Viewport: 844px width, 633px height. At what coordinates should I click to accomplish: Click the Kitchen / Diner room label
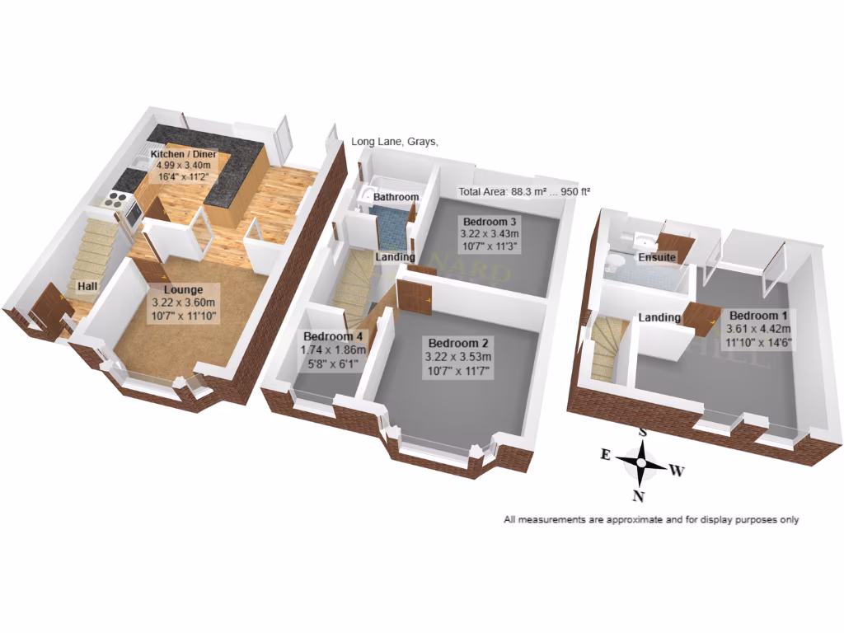click(183, 154)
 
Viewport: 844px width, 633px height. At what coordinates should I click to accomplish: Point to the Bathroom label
click(396, 198)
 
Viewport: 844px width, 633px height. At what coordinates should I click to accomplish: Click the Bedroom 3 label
click(490, 222)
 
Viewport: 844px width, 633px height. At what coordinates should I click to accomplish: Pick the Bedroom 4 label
click(333, 337)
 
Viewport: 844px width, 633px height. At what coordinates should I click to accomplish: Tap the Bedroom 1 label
click(758, 316)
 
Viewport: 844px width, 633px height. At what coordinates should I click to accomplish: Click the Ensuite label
click(658, 258)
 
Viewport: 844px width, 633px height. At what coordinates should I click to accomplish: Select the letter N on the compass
click(638, 495)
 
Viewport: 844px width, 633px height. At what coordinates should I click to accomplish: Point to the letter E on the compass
click(605, 454)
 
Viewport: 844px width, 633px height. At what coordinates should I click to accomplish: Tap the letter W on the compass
click(677, 471)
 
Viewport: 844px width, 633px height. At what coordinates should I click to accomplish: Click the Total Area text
click(525, 192)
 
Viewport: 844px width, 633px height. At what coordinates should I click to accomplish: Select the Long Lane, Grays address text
click(395, 142)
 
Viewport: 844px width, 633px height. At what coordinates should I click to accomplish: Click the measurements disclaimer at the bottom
click(651, 520)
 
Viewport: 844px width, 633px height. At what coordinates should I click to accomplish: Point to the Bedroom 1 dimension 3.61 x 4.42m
click(758, 330)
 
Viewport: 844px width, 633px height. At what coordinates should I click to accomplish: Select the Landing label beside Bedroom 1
click(660, 318)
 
